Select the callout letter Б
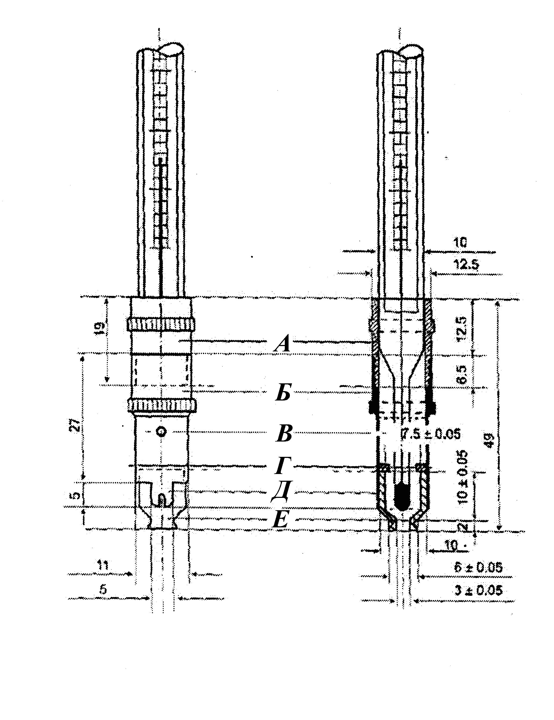pyautogui.click(x=283, y=393)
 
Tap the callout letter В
pyautogui.click(x=284, y=434)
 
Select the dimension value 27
pyautogui.click(x=75, y=425)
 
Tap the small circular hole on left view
pyautogui.click(x=162, y=432)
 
